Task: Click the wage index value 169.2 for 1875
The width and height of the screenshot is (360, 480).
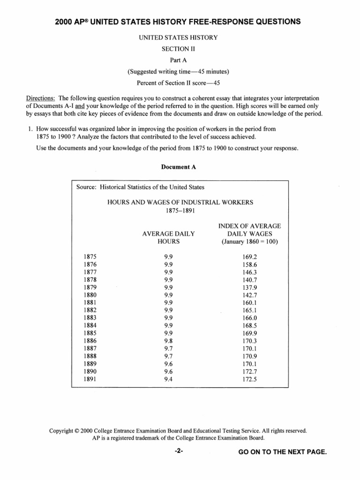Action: [x=250, y=257]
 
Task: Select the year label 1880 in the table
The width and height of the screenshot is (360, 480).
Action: [x=90, y=295]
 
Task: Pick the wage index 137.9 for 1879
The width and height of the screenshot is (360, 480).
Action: [x=250, y=287]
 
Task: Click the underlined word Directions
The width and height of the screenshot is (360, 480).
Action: [x=40, y=98]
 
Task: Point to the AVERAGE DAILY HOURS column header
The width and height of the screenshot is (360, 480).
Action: [x=168, y=237]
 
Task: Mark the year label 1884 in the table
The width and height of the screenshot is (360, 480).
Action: [x=90, y=325]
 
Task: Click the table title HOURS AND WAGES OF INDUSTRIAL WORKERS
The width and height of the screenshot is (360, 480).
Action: [x=180, y=202]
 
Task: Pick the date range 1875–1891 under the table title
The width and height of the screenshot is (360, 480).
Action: [x=180, y=211]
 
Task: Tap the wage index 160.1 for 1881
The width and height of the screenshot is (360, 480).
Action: [x=250, y=302]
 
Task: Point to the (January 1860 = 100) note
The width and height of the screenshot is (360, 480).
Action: [x=250, y=241]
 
